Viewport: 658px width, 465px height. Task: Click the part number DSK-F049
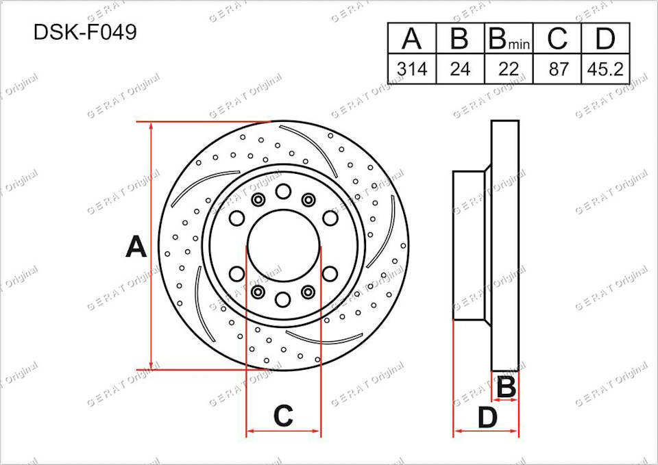click(x=85, y=32)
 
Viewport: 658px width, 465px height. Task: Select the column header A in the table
click(x=412, y=38)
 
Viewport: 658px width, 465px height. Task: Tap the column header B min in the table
click(x=509, y=38)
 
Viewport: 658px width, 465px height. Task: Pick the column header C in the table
click(x=557, y=38)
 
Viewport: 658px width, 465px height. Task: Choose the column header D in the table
click(x=605, y=38)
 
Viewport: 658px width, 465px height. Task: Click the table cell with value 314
click(x=412, y=68)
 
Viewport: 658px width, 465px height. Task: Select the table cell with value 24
click(x=461, y=68)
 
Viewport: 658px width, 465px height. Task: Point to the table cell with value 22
click(x=509, y=68)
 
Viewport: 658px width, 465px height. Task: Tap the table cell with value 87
click(x=557, y=68)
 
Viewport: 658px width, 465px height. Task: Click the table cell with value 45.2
click(x=605, y=68)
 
